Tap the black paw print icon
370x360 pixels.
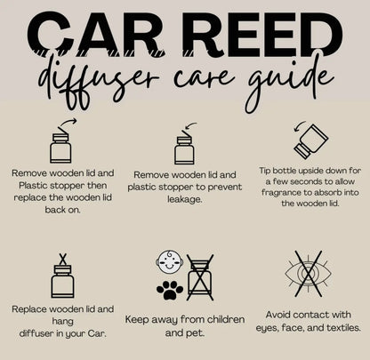[x=170, y=290]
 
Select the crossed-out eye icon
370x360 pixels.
[x=308, y=274]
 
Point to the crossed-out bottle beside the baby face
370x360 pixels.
[x=200, y=277]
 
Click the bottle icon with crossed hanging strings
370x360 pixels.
[x=62, y=276]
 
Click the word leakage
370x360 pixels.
[x=184, y=200]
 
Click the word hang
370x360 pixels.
[x=62, y=322]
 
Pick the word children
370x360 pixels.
[x=226, y=320]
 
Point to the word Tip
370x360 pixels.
[x=265, y=171]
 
